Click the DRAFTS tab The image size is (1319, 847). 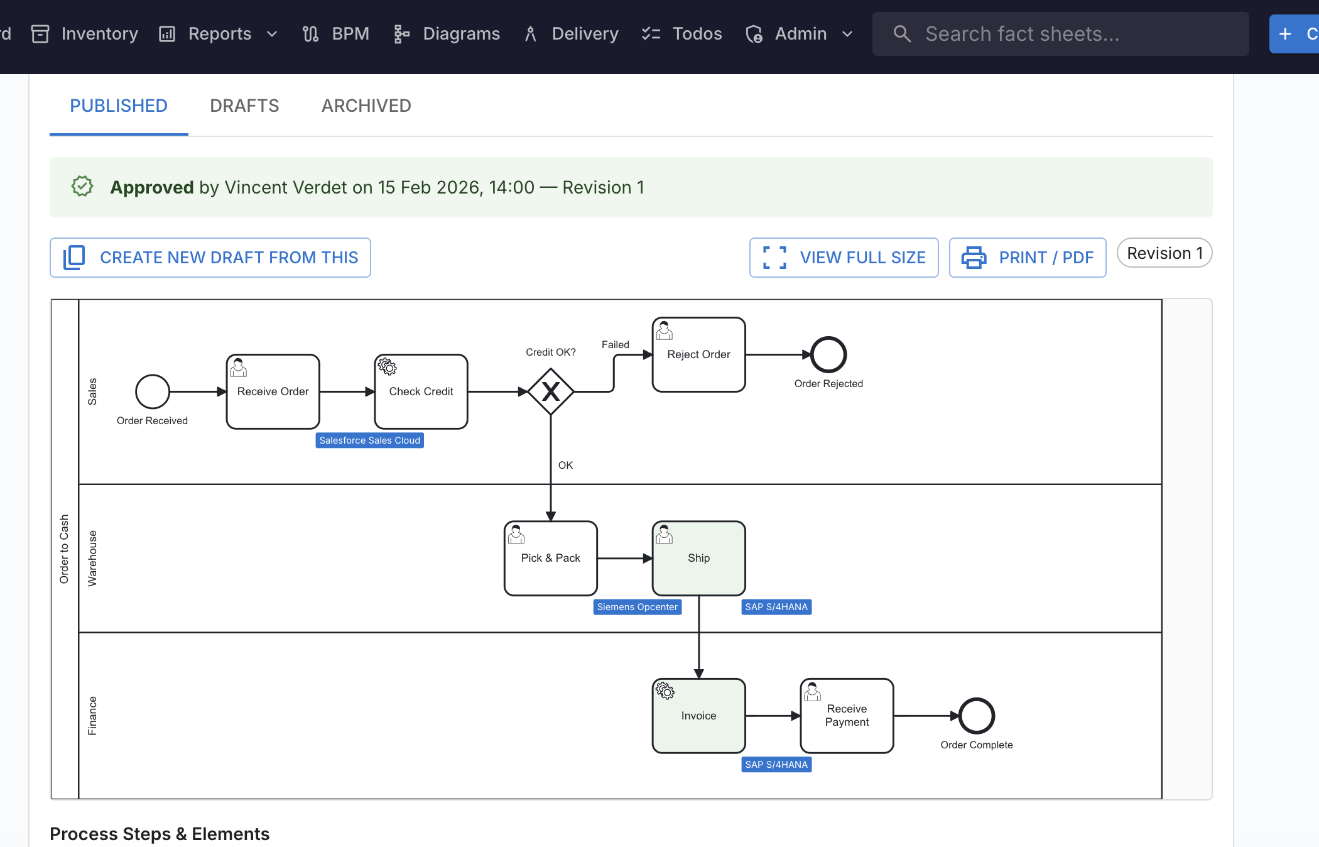244,106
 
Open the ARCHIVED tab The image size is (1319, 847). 366,106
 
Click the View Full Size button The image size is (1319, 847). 844,258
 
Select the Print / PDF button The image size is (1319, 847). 1028,258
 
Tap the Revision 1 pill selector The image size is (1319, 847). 1164,253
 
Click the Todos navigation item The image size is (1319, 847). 682,34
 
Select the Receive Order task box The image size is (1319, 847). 273,391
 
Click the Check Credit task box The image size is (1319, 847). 421,391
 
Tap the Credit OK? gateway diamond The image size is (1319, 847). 551,391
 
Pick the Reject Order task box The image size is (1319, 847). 698,354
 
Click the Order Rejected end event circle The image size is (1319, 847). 828,354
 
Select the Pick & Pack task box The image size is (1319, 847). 551,558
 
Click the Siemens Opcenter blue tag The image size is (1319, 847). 637,607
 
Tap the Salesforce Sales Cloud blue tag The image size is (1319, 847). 369,440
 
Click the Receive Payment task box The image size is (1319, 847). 847,716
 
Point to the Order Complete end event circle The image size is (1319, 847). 977,716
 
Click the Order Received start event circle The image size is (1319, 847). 153,391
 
